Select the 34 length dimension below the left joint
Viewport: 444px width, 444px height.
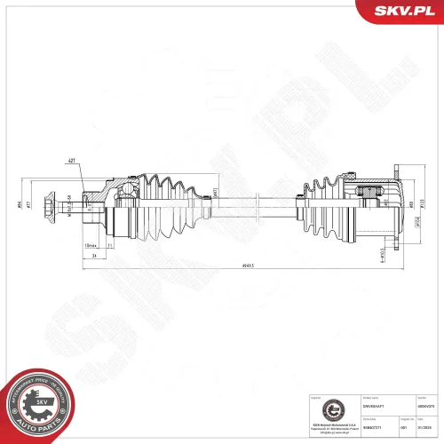click(93, 254)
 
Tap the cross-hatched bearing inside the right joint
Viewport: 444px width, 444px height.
click(367, 192)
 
